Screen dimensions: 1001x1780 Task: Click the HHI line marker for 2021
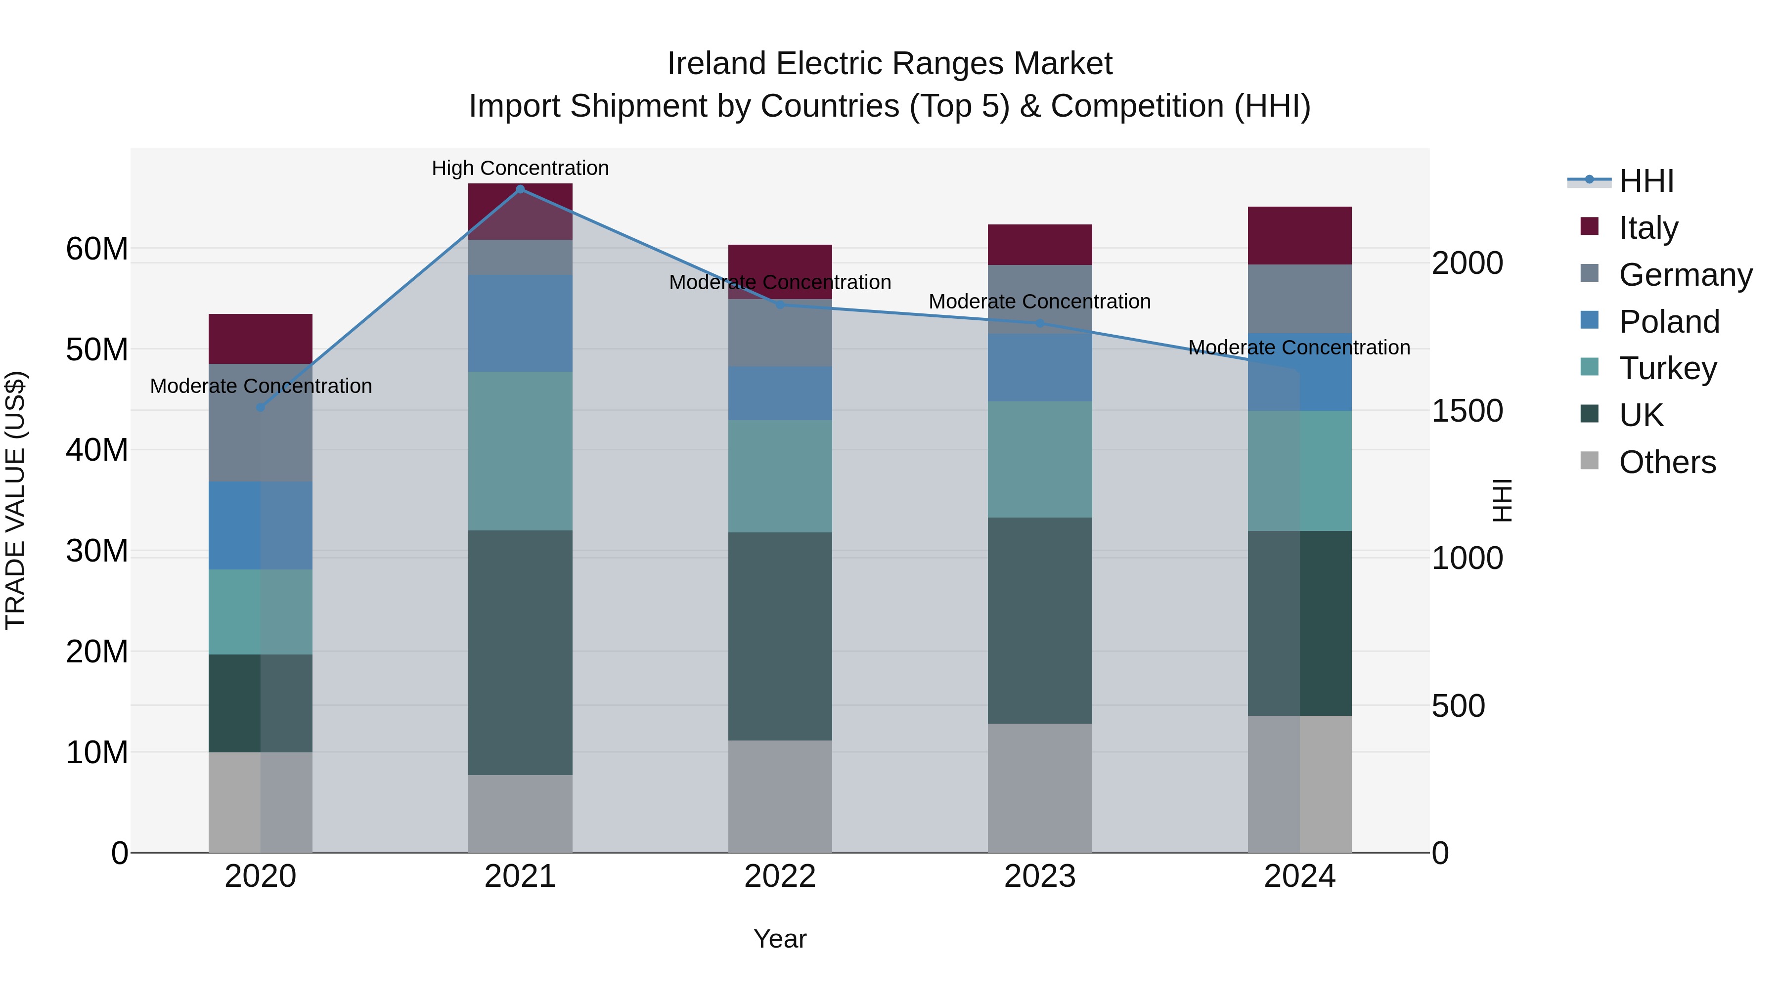520,189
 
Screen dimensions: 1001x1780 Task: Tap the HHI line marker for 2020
261,408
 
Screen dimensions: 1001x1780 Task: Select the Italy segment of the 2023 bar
1039,245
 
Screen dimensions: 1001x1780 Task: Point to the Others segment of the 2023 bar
1039,787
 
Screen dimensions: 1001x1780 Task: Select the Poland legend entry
1669,322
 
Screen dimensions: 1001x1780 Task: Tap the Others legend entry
1667,462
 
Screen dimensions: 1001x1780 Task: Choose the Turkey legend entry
1667,368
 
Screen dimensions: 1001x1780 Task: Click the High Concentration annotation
520,168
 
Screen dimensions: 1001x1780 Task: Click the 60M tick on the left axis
97,249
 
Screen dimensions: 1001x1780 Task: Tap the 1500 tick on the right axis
1467,411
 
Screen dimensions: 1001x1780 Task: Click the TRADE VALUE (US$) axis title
15,500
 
